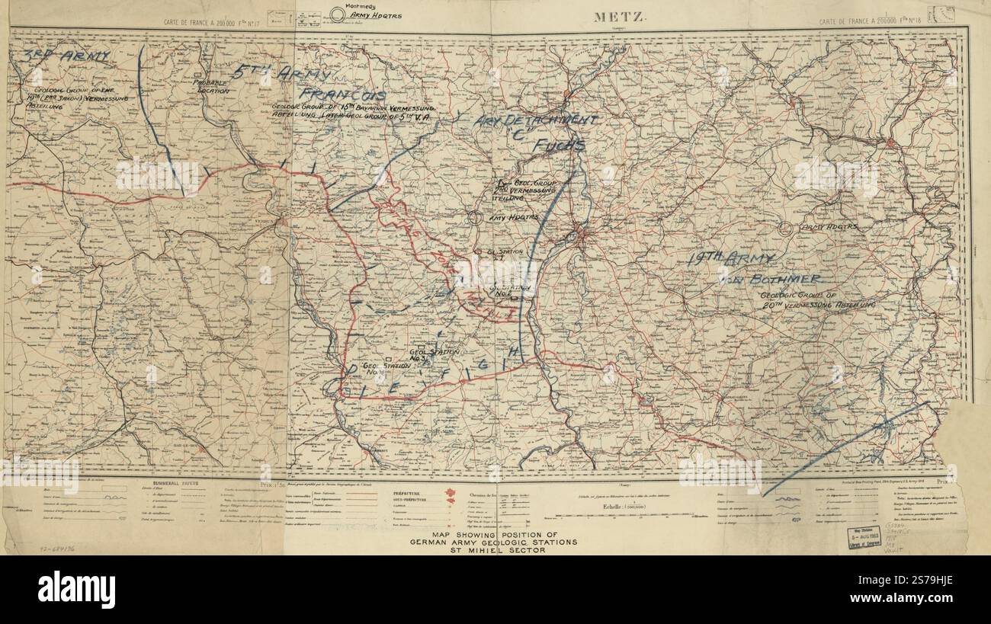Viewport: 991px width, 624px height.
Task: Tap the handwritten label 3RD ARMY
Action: tap(66, 56)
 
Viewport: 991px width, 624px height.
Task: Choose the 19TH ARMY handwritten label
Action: tap(730, 259)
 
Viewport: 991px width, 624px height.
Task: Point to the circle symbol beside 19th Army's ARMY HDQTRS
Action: tap(786, 227)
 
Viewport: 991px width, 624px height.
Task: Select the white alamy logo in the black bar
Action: tap(76, 589)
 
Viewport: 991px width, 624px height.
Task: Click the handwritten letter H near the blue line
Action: tap(515, 351)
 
